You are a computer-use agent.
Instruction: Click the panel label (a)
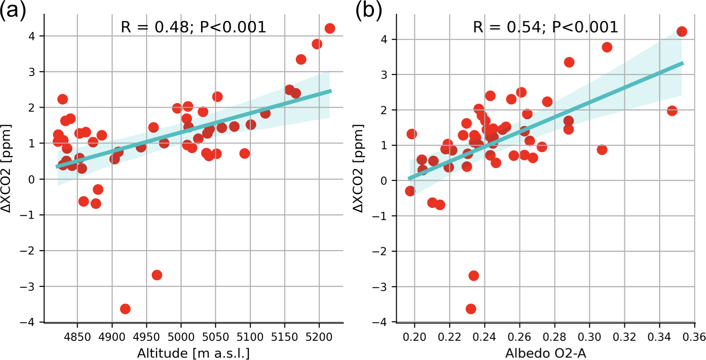click(13, 10)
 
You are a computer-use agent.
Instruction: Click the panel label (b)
click(369, 10)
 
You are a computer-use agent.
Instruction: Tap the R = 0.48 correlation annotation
click(193, 27)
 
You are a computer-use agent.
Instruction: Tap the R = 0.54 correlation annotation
click(546, 27)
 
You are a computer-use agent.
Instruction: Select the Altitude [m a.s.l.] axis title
click(193, 353)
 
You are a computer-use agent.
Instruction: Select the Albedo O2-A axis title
click(546, 353)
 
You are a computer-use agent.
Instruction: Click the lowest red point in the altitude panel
click(125, 309)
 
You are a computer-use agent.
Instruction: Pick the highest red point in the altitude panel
click(330, 28)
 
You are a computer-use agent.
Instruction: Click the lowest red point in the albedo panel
click(471, 309)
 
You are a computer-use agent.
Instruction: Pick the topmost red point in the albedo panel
click(681, 32)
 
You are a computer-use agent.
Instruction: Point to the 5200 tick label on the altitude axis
click(319, 337)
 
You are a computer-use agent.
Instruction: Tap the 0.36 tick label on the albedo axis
click(694, 337)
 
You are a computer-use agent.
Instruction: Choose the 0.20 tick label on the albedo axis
click(414, 337)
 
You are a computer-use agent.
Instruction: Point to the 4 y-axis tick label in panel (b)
click(384, 39)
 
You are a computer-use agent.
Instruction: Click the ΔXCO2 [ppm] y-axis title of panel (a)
click(7, 168)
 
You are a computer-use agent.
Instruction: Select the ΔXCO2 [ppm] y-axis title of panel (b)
click(359, 168)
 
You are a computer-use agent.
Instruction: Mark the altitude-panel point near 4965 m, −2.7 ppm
click(157, 275)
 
